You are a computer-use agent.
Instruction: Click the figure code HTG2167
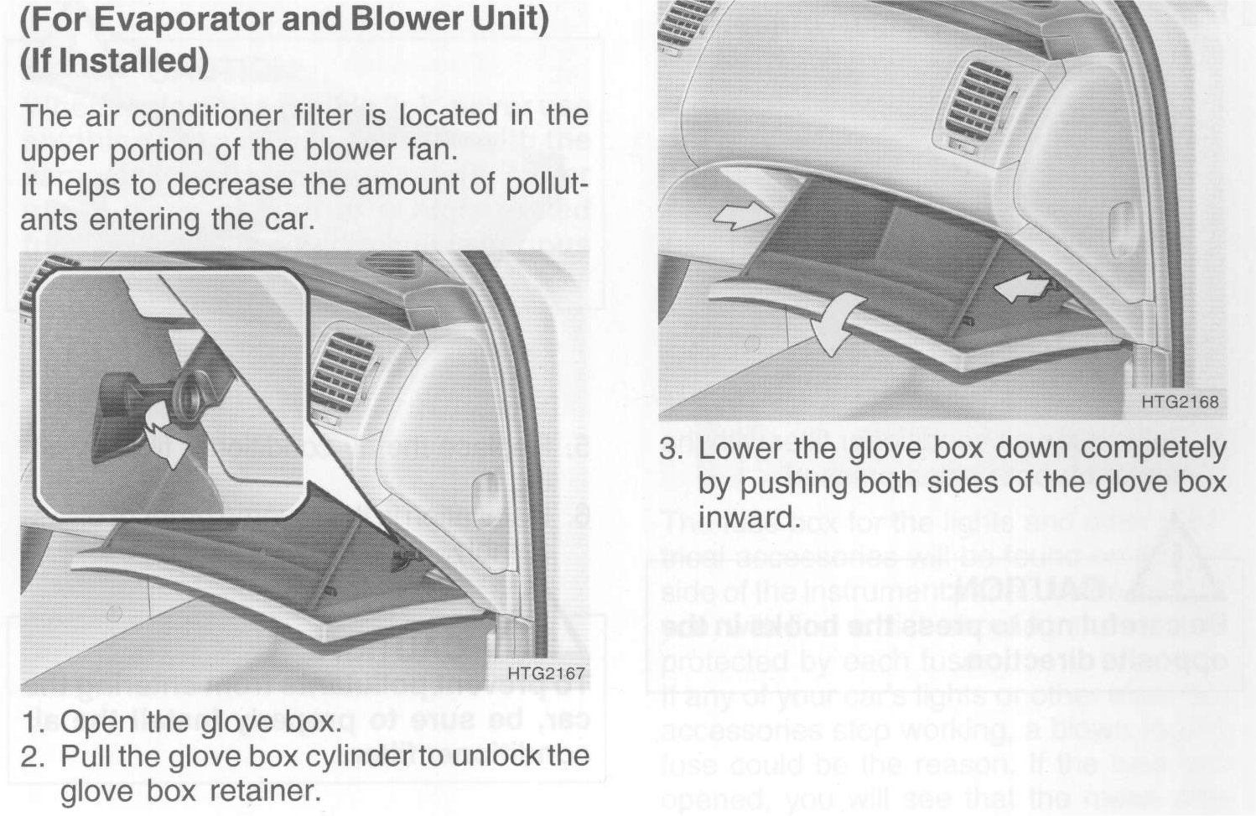tap(546, 673)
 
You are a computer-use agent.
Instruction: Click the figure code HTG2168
tap(1181, 402)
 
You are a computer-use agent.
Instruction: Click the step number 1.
tap(31, 722)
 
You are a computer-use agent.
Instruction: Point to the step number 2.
tap(31, 756)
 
